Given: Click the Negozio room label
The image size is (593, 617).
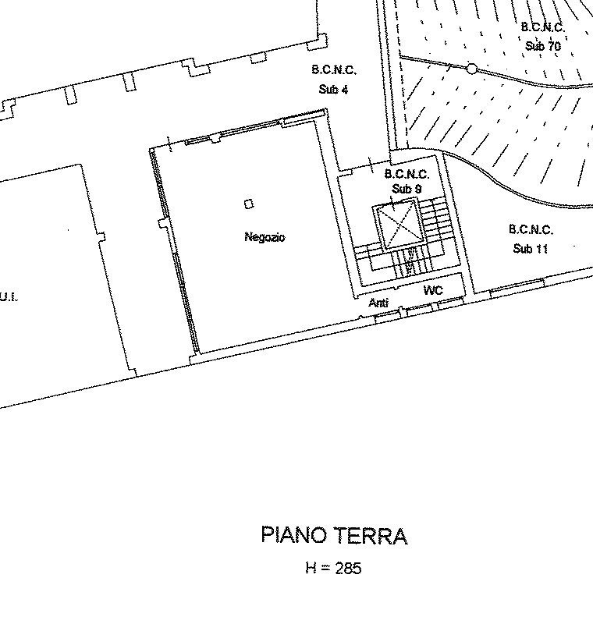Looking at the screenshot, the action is [265, 237].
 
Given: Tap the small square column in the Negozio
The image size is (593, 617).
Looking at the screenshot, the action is [249, 204].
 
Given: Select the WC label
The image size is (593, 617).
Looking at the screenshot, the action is [433, 290].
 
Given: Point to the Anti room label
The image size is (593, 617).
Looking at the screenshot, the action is [378, 303].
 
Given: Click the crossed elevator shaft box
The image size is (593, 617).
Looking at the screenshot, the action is [399, 225].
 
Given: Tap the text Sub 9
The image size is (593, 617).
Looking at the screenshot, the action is [407, 189].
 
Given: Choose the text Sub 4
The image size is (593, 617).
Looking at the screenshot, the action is [333, 90].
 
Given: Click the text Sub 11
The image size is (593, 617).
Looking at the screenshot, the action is [531, 249].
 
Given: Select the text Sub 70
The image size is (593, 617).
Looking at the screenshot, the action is [543, 46].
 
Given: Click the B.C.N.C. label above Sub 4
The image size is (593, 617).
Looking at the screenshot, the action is [334, 70].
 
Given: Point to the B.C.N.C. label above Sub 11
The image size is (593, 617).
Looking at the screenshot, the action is [531, 229].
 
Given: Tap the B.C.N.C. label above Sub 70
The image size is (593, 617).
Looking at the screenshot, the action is [543, 27].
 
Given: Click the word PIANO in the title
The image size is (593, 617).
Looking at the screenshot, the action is [294, 535].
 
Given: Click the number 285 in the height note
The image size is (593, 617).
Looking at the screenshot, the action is [348, 568].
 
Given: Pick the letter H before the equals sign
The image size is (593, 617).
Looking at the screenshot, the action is [311, 568].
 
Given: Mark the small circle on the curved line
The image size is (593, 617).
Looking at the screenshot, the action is [471, 69].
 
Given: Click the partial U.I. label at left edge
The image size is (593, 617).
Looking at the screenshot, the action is [9, 296].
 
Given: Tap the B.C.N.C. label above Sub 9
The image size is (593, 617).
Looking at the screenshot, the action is [407, 174].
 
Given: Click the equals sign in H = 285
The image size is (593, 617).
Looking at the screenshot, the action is [325, 568].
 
